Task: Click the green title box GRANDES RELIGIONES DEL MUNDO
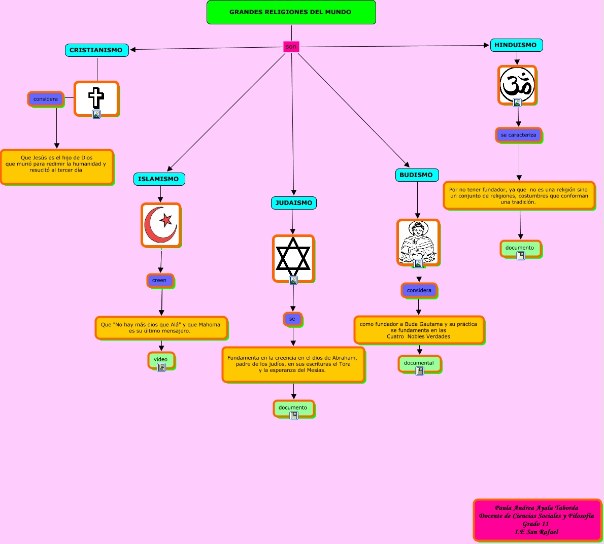(x=291, y=12)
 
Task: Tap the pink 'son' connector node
(x=291, y=47)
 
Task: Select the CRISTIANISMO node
(x=96, y=50)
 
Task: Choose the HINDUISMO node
(x=516, y=45)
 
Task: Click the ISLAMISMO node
(x=158, y=179)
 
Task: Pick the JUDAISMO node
(x=294, y=203)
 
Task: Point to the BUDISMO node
(x=416, y=175)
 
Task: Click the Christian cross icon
(x=96, y=98)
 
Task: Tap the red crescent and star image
(x=160, y=225)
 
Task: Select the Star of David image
(x=293, y=257)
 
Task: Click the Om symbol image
(x=517, y=84)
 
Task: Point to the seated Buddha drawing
(x=418, y=242)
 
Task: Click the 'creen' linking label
(x=159, y=280)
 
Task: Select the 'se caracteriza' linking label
(x=518, y=135)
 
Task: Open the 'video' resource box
(x=161, y=360)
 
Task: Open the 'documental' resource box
(x=419, y=363)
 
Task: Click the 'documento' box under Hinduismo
(x=520, y=248)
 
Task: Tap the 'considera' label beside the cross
(x=46, y=99)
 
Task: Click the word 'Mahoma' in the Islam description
(x=209, y=325)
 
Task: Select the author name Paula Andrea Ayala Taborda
(x=536, y=508)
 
